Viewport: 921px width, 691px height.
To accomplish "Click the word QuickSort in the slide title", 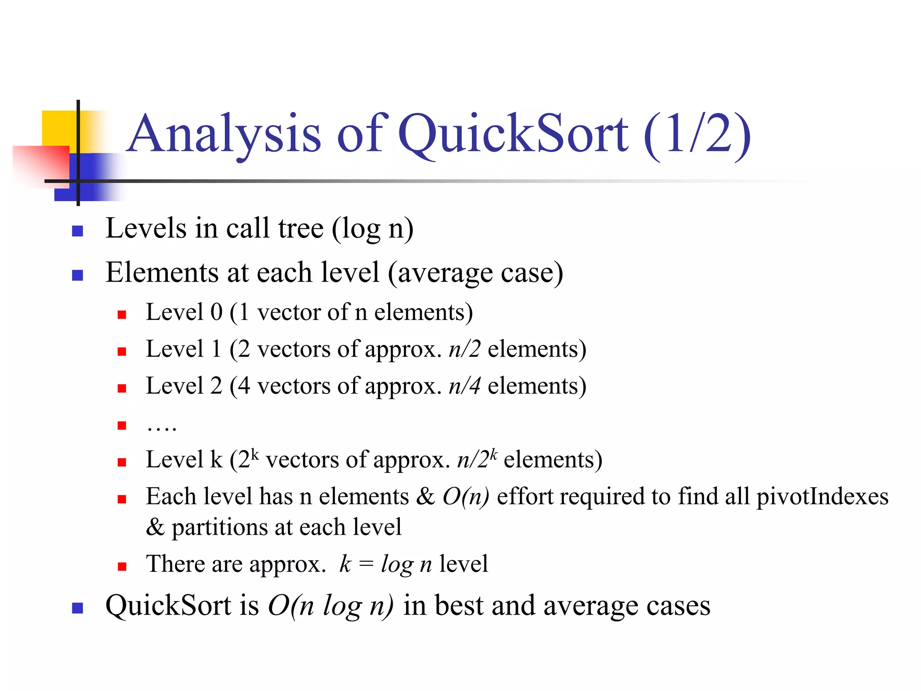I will coord(513,134).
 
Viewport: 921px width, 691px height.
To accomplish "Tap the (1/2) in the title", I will coord(697,135).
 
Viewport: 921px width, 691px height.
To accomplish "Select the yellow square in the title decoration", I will coord(58,128).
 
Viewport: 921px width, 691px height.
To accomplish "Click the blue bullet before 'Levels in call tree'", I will coord(77,231).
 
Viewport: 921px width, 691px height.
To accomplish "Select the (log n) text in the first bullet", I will coord(373,229).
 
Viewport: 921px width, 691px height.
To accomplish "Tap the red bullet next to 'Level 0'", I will coord(122,314).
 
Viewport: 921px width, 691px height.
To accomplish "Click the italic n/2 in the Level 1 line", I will coord(465,349).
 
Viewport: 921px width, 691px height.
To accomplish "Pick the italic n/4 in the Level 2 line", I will coord(465,386).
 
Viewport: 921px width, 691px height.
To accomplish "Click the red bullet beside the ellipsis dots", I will coord(122,425).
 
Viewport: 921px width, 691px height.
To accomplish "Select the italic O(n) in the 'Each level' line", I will coord(465,497).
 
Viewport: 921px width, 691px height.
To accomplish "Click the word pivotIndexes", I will coord(822,497).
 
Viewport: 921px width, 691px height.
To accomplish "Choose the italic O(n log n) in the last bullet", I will coord(331,606).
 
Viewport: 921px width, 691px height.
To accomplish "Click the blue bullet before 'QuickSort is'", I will coord(77,608).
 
